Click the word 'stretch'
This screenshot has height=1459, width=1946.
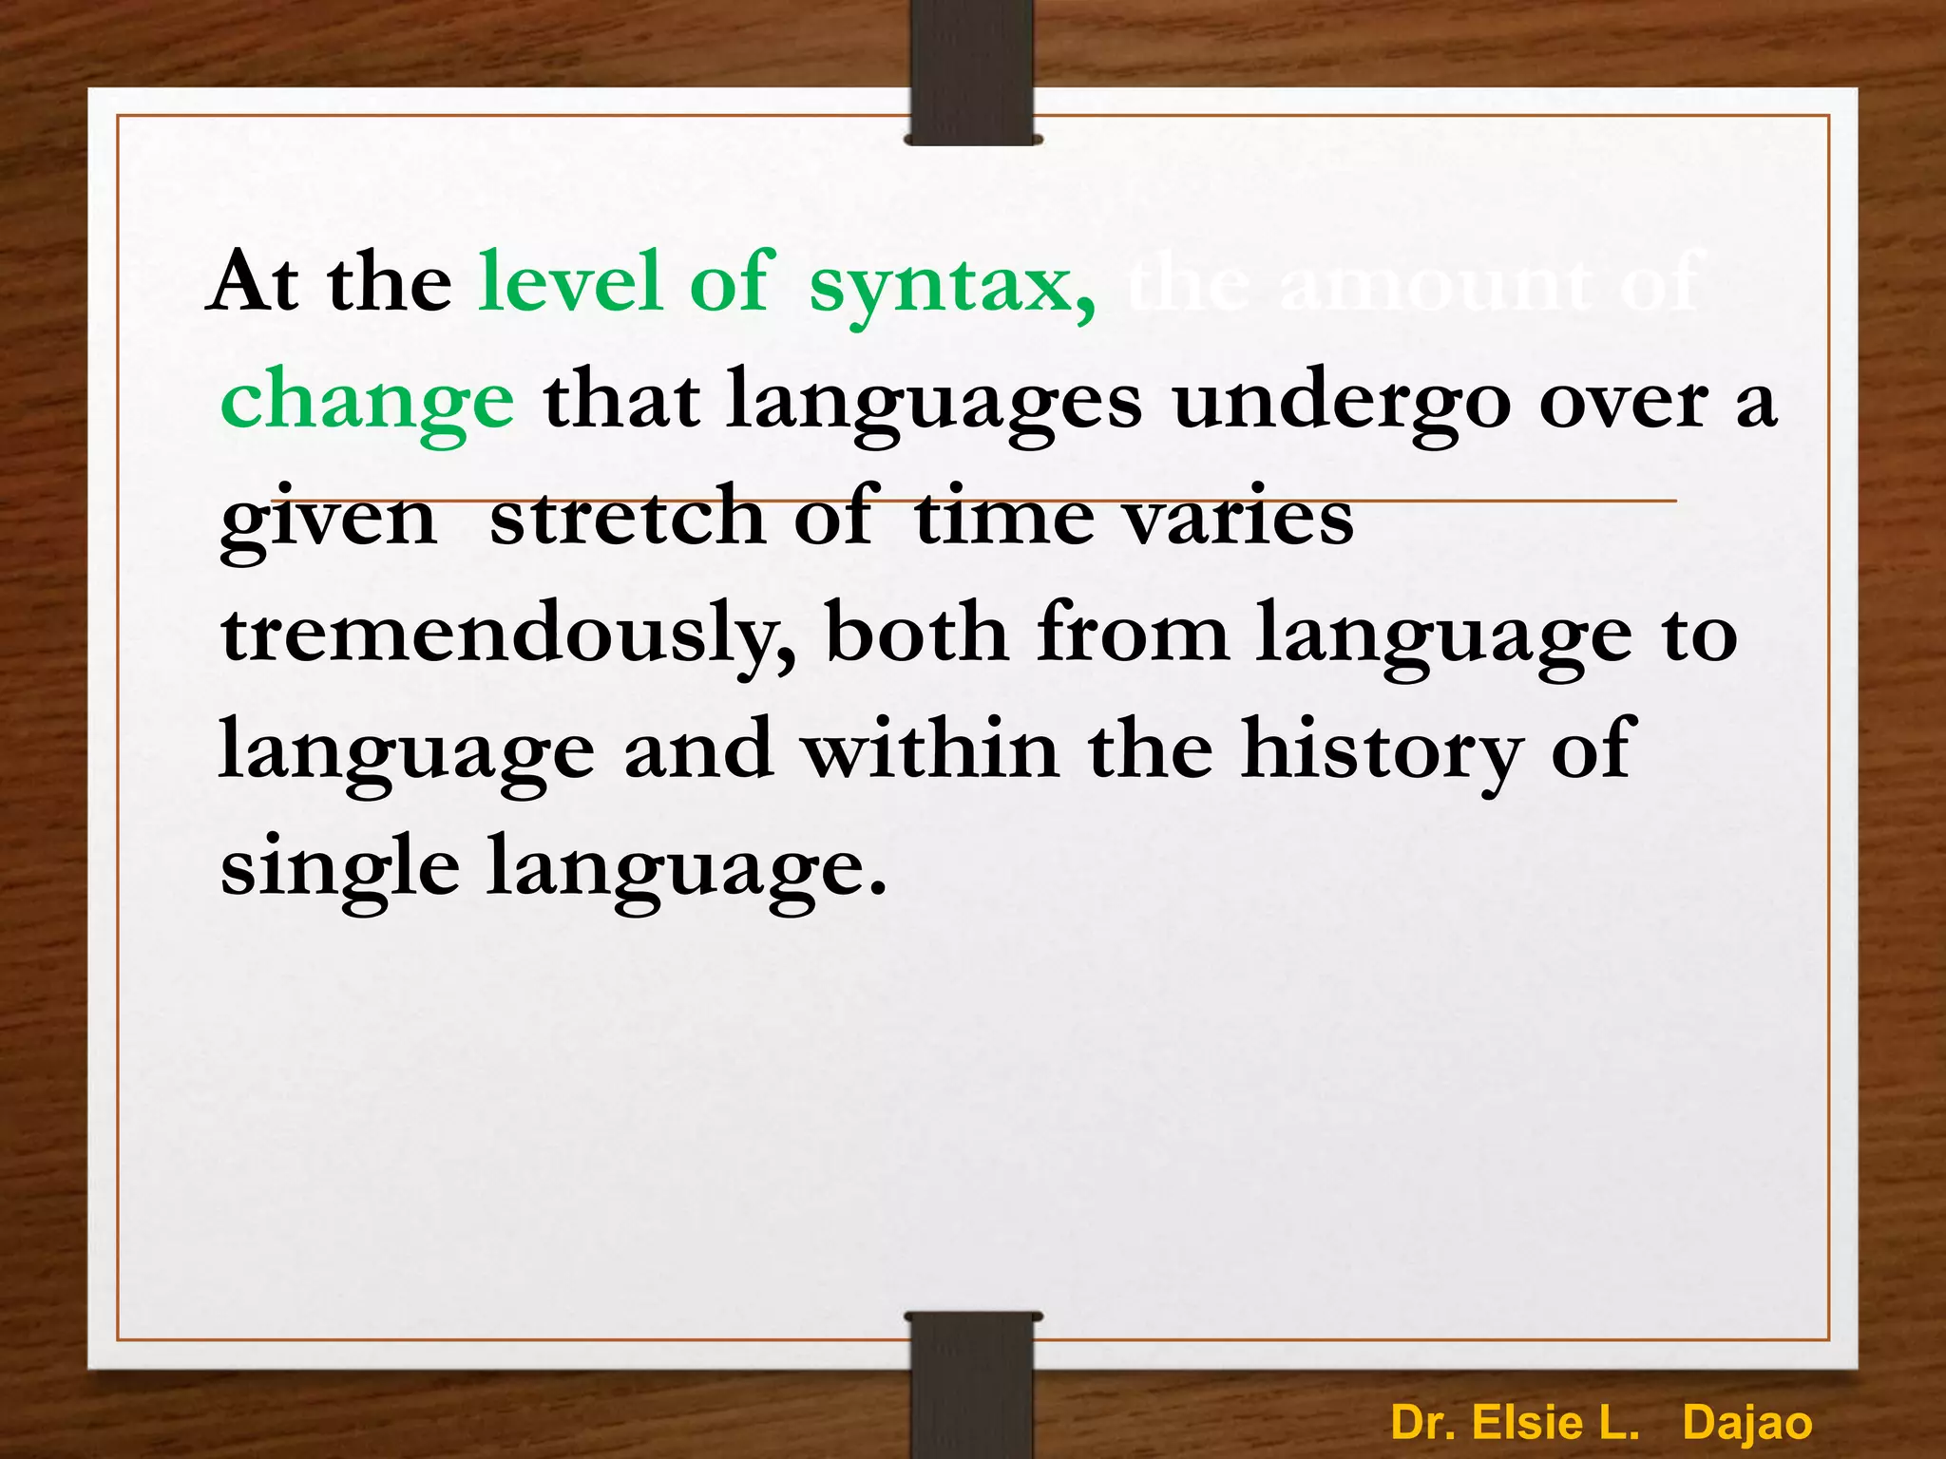pyautogui.click(x=627, y=517)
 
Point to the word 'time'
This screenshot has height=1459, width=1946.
pyautogui.click(x=1002, y=517)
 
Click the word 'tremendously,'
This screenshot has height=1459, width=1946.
pyautogui.click(x=508, y=635)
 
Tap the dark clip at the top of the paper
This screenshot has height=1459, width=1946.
pyautogui.click(x=972, y=72)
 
